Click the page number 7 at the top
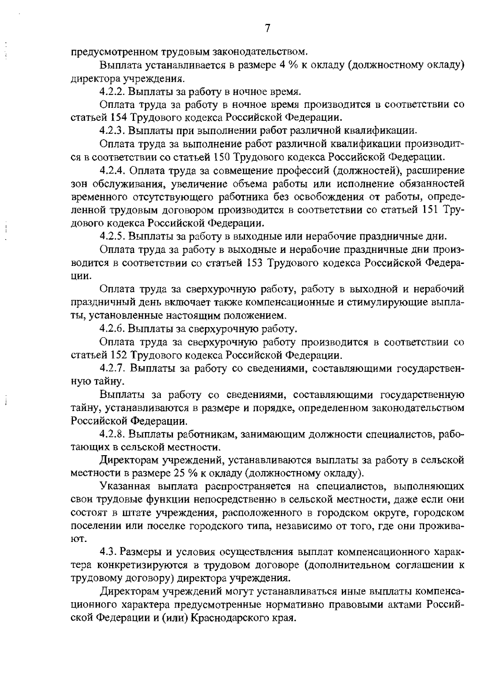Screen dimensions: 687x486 267,28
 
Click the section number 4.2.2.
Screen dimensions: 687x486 113,91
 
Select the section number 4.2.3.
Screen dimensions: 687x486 113,131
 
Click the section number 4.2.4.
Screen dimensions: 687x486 113,170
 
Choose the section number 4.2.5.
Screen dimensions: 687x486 113,236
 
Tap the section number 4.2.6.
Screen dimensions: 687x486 113,328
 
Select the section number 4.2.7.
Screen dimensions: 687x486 113,368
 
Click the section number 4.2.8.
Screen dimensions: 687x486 113,434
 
